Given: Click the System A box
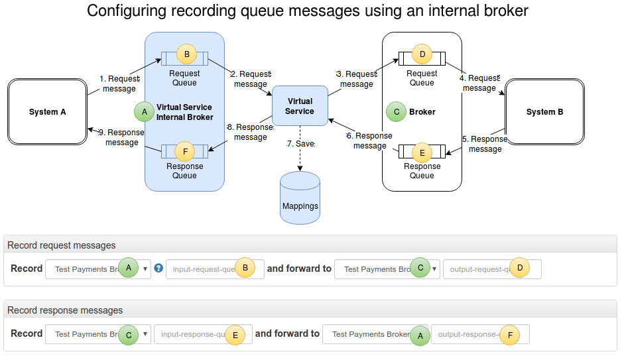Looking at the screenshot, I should coord(47,112).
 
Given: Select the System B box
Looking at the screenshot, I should coord(544,112).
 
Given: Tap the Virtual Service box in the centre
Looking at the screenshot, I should coord(300,106).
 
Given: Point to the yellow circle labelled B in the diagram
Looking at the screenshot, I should coord(186,54).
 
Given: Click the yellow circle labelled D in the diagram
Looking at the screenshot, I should coord(422,54).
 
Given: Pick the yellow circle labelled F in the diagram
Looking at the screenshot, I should coord(185,151).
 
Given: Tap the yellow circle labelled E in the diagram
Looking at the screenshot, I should coord(422,152).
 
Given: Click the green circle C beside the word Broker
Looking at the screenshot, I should coord(397,112).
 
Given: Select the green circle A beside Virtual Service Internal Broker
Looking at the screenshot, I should coord(144,112).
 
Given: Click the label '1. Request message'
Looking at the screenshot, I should coord(119,84).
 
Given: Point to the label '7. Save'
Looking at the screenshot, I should coord(300,144).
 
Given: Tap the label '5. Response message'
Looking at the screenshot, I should coord(485,144).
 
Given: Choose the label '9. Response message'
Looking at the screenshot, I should coord(121,137).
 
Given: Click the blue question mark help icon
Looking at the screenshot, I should coord(158,269).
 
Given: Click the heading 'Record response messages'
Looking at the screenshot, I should coord(65,310).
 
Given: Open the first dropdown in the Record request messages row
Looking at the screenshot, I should coord(98,269).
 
